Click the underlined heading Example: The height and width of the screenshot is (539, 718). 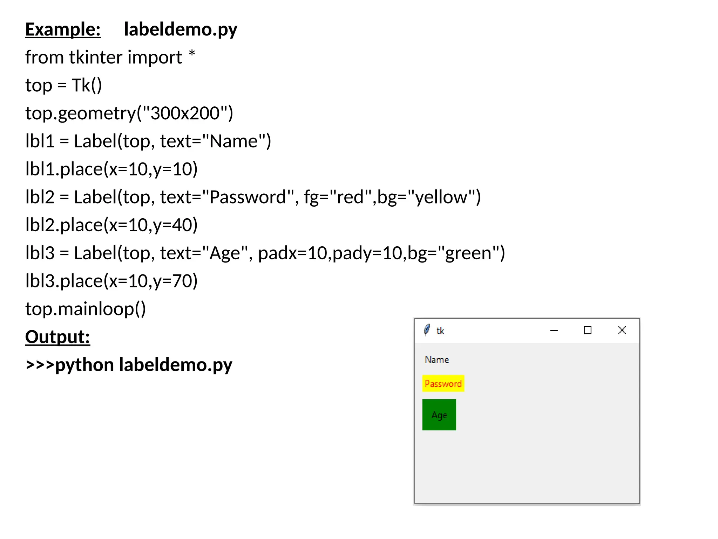coord(63,29)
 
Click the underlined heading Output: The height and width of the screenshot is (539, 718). coord(57,337)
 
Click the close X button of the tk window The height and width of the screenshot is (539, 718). coord(622,330)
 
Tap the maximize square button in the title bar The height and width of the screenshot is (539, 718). coord(588,330)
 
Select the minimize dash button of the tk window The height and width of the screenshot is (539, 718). coord(554,331)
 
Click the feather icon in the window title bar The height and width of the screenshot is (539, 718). coord(427,330)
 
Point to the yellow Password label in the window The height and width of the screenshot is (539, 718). coord(443,384)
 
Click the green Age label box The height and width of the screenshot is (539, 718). coord(439,415)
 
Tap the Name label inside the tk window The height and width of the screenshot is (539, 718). coord(437,360)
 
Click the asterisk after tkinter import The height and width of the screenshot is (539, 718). coord(192,54)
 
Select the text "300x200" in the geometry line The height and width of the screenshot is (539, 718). coord(185,113)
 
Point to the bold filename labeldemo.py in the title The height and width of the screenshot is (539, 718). coord(181,29)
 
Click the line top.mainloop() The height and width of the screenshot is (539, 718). coord(86,309)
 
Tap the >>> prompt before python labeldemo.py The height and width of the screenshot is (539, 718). coord(40,365)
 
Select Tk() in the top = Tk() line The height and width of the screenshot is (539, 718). coord(87,85)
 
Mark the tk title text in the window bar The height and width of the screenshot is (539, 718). coord(440,331)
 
